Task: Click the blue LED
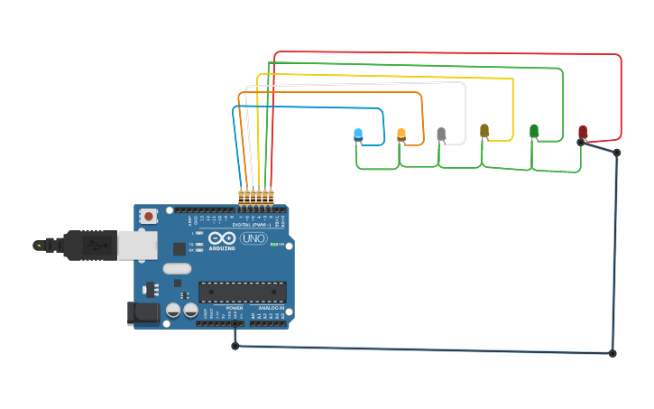(358, 135)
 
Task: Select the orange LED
(401, 135)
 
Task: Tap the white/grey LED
(441, 134)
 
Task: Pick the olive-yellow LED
(484, 131)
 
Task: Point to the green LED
(534, 131)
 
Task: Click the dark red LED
(583, 132)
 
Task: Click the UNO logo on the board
(253, 238)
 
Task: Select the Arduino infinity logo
(222, 238)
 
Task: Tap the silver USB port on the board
(138, 245)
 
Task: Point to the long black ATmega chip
(242, 292)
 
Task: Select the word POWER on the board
(235, 308)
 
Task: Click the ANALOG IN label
(271, 308)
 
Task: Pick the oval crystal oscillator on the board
(178, 268)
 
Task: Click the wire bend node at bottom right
(613, 353)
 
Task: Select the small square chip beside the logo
(180, 248)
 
